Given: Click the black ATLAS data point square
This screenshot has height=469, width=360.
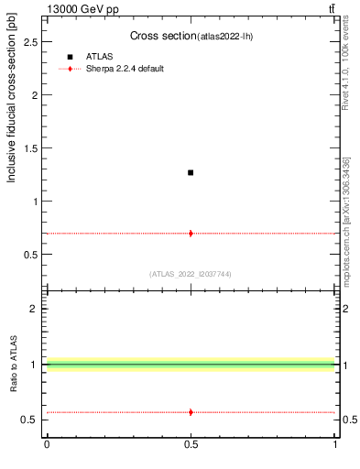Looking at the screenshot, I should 191,172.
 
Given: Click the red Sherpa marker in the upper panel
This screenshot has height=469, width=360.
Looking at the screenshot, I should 191,234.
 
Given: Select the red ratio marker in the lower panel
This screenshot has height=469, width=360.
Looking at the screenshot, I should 191,412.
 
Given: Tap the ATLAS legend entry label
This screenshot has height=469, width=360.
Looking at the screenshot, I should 99,57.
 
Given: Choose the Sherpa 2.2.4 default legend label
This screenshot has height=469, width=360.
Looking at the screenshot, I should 125,69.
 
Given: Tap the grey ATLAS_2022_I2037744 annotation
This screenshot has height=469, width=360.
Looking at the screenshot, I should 190,274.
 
